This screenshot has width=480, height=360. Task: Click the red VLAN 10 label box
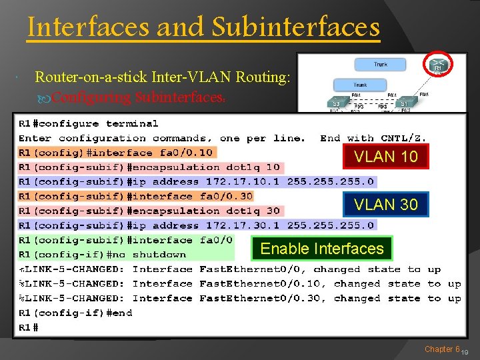coord(386,157)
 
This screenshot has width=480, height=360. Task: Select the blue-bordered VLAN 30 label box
coord(386,205)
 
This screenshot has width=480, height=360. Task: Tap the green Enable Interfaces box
coord(322,249)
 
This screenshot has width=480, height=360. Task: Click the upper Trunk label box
coord(381,65)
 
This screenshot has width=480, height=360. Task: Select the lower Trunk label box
coord(360,85)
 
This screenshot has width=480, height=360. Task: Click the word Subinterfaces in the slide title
coord(295,28)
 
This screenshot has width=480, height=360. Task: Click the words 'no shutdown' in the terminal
coord(159,255)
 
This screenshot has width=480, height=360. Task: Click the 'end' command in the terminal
coord(119,313)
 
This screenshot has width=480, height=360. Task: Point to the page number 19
coord(465,352)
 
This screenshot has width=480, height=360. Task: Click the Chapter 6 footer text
coord(442,349)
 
